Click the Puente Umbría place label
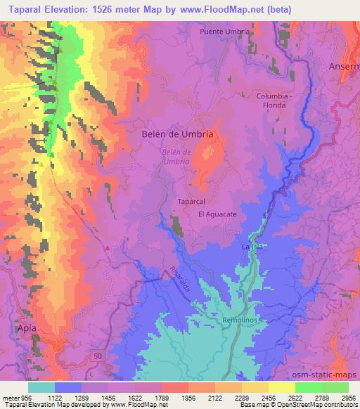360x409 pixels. [x=225, y=32]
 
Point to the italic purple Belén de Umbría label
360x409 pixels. [x=176, y=156]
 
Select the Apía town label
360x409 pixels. [x=15, y=327]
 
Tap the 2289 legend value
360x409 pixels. [x=242, y=397]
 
